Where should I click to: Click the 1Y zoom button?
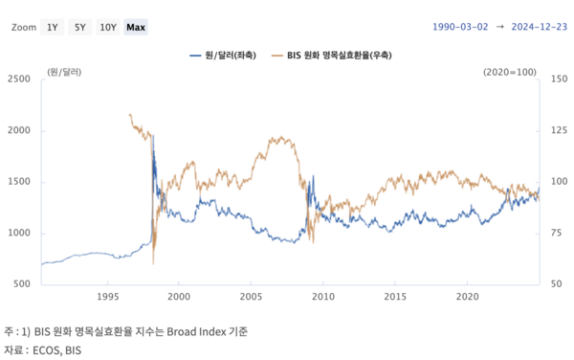pos(53,28)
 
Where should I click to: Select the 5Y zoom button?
pos(79,28)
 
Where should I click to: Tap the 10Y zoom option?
pos(107,28)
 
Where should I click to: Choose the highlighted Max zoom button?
pos(136,28)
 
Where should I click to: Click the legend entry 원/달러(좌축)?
pos(228,56)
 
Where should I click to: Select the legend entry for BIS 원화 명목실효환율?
pos(338,56)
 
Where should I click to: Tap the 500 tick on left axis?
pos(21,284)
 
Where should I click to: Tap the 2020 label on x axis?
pos(467,298)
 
